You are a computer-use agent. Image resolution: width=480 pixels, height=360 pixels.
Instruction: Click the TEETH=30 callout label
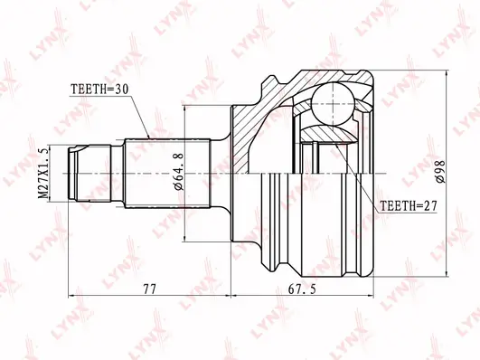(x=99, y=90)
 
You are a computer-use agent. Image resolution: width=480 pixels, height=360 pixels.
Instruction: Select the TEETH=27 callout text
(x=409, y=206)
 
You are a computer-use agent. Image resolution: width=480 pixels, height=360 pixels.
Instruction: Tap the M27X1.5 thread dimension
(x=43, y=173)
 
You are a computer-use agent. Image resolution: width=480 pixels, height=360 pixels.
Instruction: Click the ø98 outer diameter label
(x=441, y=171)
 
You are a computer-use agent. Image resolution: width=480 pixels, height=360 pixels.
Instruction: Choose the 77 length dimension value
(x=149, y=289)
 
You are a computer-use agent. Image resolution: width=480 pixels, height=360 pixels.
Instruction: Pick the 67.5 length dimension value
(x=302, y=289)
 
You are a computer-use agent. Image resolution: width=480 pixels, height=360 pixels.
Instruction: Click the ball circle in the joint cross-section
(x=333, y=104)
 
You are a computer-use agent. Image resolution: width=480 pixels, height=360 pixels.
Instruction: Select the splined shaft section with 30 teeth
(x=168, y=174)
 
